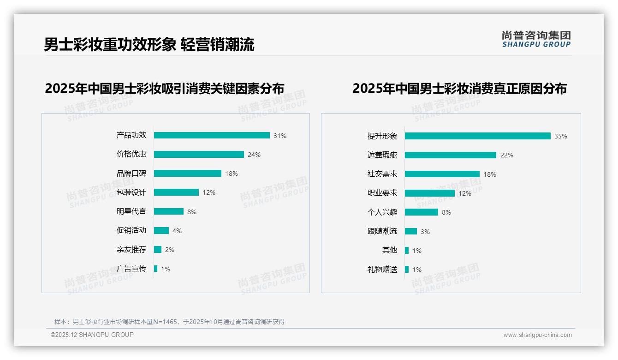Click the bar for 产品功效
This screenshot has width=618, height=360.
tap(212, 135)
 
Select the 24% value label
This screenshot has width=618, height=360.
tap(254, 155)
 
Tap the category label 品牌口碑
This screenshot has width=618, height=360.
tap(131, 174)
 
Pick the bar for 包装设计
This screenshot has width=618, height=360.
tap(176, 192)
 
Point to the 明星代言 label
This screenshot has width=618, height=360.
tap(131, 211)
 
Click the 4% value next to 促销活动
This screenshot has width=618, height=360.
tap(177, 231)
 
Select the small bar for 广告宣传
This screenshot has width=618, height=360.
tap(156, 269)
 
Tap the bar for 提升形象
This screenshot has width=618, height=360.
tap(478, 136)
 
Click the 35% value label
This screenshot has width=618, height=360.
tap(561, 136)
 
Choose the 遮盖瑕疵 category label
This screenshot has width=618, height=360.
tap(382, 155)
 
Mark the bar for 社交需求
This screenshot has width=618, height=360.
tap(442, 174)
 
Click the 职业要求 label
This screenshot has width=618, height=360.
tap(382, 193)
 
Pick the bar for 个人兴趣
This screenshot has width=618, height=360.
tap(422, 212)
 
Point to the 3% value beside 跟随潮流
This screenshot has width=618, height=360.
tap(425, 232)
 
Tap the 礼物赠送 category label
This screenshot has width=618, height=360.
tap(382, 270)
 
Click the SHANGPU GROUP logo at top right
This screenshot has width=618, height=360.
tap(536, 39)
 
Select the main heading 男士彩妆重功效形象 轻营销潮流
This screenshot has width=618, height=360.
tap(149, 45)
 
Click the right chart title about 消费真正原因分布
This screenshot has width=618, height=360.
tap(459, 88)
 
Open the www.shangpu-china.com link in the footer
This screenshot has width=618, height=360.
tap(537, 335)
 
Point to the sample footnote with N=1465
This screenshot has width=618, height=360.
tap(169, 322)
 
